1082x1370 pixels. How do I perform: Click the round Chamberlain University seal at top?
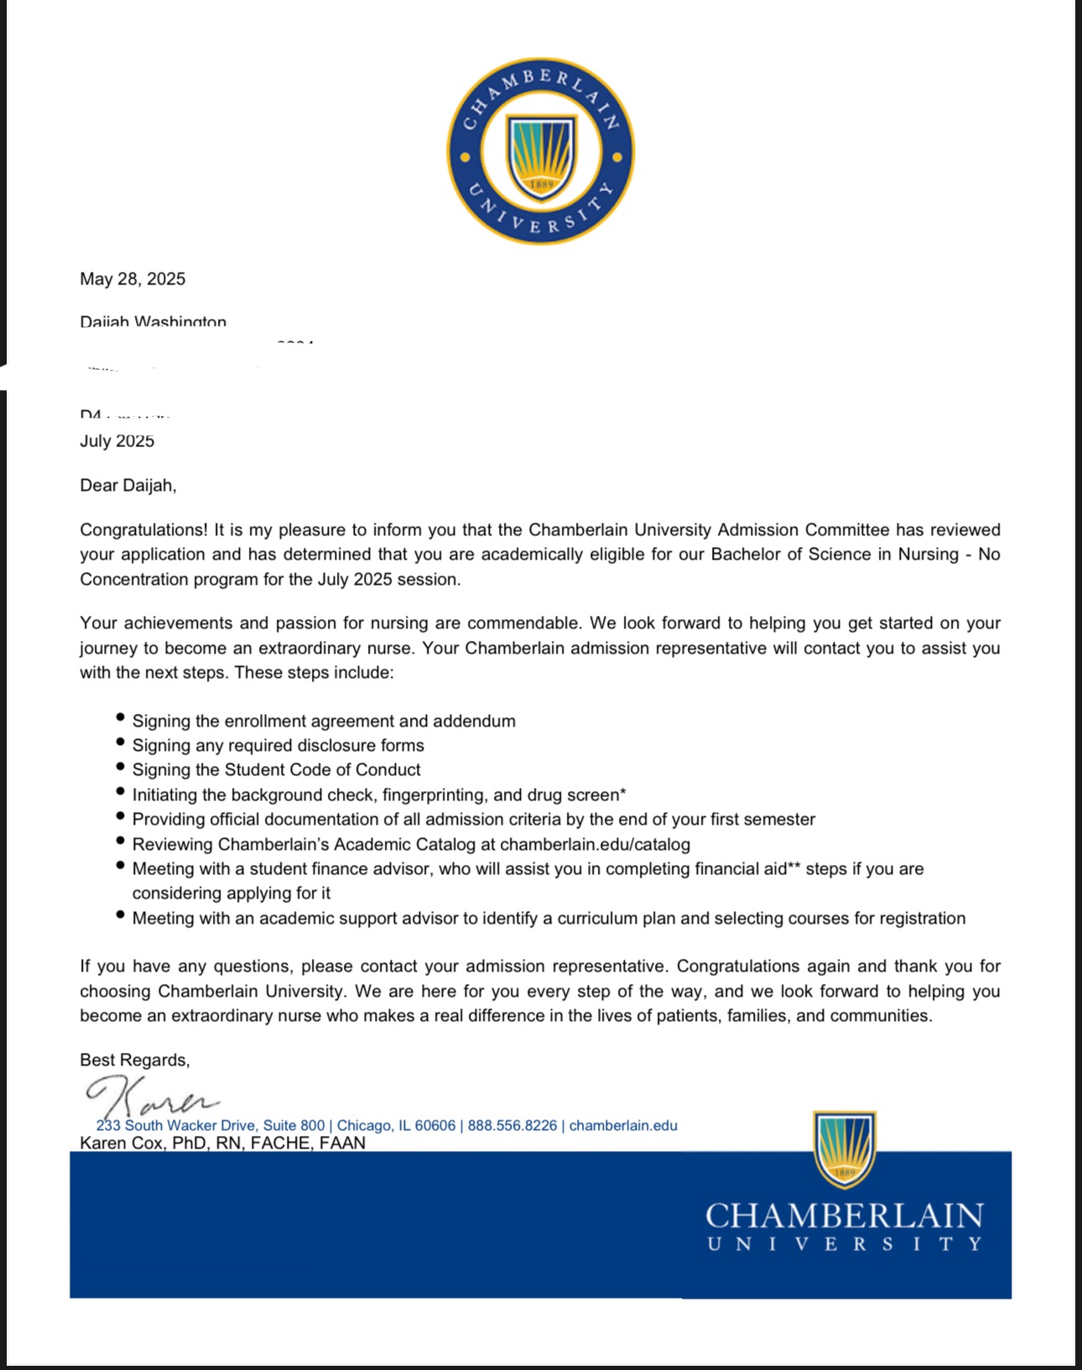540,151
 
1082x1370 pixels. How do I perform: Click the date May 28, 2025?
133,279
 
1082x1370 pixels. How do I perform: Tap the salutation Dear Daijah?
127,485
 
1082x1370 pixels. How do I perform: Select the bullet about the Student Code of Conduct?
276,770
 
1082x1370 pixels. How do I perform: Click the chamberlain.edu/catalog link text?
595,844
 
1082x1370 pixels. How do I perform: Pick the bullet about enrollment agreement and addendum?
324,721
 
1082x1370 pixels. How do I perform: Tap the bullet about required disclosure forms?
278,746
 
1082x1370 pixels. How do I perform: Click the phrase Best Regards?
134,1060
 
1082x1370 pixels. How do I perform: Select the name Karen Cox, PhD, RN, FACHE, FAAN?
222,1143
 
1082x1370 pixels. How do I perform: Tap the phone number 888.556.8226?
512,1126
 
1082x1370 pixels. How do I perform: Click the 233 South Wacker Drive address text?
210,1126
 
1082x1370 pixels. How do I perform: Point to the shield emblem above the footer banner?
844,1148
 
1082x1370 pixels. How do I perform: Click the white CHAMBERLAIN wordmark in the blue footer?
844,1216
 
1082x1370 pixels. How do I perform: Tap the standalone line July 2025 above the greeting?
117,441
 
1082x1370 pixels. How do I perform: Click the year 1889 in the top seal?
541,184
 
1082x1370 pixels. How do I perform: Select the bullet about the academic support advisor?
549,919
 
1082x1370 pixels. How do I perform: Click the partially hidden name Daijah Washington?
153,322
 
